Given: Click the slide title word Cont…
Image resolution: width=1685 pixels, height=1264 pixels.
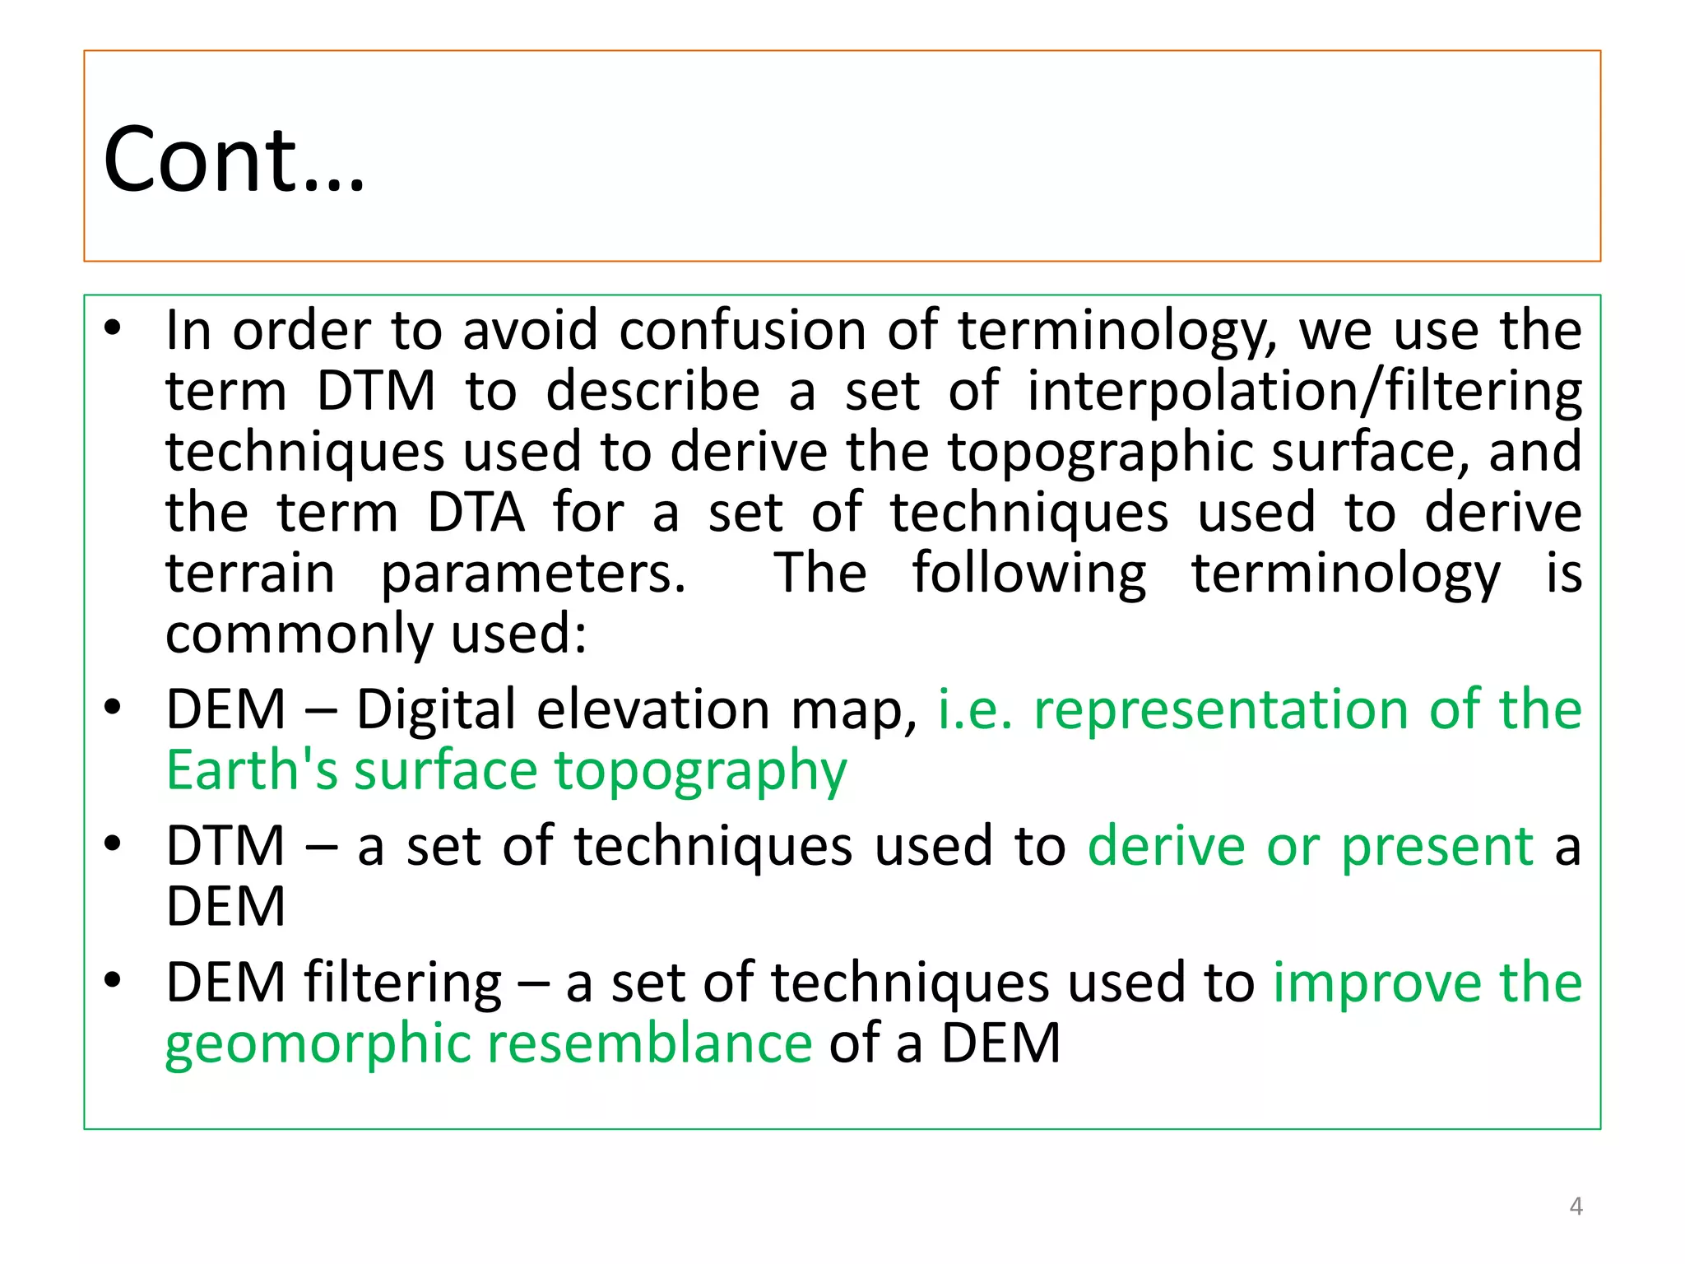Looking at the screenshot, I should (234, 160).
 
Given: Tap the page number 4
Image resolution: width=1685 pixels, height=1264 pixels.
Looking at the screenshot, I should (1576, 1206).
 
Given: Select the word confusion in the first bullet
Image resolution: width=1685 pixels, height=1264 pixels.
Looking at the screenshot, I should (742, 331).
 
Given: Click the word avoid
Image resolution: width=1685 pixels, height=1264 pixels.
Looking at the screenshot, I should (530, 331).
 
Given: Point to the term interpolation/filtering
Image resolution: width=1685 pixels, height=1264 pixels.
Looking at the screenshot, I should (1304, 392).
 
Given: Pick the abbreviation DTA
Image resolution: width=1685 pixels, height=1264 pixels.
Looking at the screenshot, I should (476, 513).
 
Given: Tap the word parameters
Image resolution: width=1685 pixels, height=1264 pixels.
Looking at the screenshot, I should (533, 574).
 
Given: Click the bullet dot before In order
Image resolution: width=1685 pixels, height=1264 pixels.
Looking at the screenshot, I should (113, 328).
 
